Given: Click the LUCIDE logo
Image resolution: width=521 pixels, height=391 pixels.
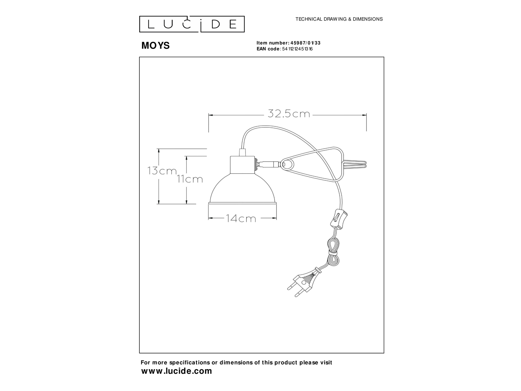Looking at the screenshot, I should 192,24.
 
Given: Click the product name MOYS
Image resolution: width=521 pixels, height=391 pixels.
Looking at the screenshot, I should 155,46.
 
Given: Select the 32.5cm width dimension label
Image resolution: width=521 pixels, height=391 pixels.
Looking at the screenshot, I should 289,114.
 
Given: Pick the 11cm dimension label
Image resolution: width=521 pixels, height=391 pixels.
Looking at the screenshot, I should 190,179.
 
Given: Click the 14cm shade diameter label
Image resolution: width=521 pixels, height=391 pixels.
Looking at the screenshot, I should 241,219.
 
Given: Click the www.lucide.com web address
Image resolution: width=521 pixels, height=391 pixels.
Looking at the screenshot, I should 176,371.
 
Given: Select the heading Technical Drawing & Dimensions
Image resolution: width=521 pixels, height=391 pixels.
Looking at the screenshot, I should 339,19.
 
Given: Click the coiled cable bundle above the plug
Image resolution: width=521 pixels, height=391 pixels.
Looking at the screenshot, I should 332,253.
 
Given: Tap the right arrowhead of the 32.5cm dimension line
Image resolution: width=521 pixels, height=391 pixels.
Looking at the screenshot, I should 365,115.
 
